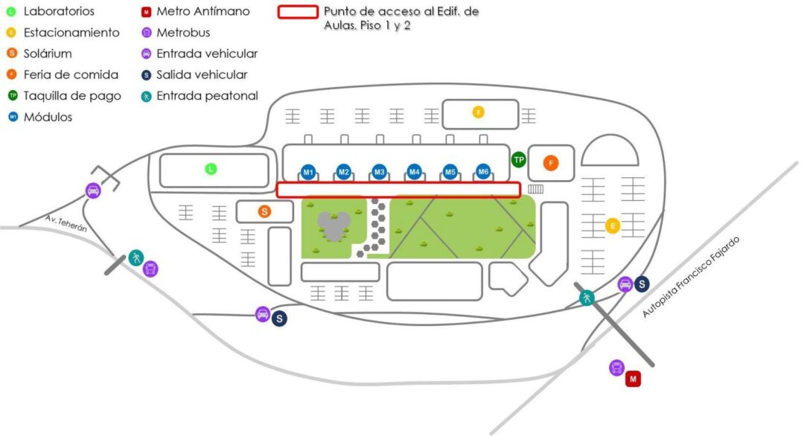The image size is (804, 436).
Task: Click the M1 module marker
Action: tap(308, 173)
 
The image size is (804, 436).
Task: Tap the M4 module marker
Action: tap(415, 173)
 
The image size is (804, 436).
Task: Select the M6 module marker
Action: tap(483, 173)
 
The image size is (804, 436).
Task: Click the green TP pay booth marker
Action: tap(519, 159)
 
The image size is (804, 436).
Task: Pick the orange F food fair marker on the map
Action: tap(551, 162)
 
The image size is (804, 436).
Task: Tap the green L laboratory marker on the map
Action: tap(211, 170)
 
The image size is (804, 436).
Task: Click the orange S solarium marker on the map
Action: tap(264, 212)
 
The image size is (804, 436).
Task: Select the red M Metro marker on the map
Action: tap(633, 379)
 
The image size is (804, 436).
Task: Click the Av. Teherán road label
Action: tap(66, 224)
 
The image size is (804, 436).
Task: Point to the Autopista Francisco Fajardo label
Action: tap(692, 277)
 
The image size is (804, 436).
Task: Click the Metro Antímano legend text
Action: tap(202, 12)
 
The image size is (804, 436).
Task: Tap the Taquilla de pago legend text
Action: tap(72, 96)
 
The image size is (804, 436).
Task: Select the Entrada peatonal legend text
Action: tap(207, 96)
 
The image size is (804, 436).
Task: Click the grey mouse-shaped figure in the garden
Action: tap(333, 226)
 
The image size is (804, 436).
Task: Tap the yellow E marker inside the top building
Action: tap(478, 112)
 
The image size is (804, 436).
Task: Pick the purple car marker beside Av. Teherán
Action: tap(93, 190)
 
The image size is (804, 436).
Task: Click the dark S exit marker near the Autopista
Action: tap(641, 283)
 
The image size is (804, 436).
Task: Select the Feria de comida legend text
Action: tap(71, 75)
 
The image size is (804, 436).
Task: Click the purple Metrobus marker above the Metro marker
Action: tap(616, 367)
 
